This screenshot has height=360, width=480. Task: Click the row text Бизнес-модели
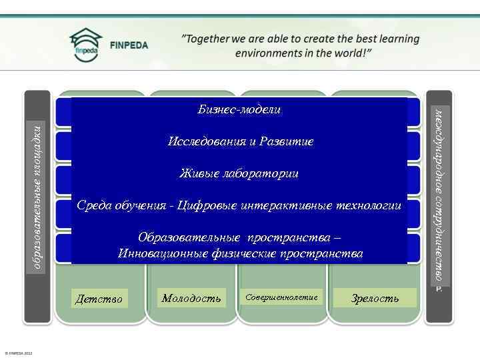(x=239, y=109)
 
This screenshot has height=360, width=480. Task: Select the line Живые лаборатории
(x=239, y=173)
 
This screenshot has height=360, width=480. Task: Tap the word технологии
(x=369, y=205)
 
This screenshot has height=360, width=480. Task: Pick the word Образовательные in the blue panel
(x=189, y=238)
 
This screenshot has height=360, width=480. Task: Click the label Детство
(x=99, y=299)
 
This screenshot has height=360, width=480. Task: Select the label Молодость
(x=191, y=298)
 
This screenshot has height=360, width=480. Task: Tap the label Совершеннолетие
(x=281, y=297)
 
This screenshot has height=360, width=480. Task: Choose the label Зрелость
(x=375, y=298)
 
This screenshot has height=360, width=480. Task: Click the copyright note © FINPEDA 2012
(x=18, y=353)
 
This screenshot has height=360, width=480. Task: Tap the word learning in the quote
(x=393, y=39)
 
